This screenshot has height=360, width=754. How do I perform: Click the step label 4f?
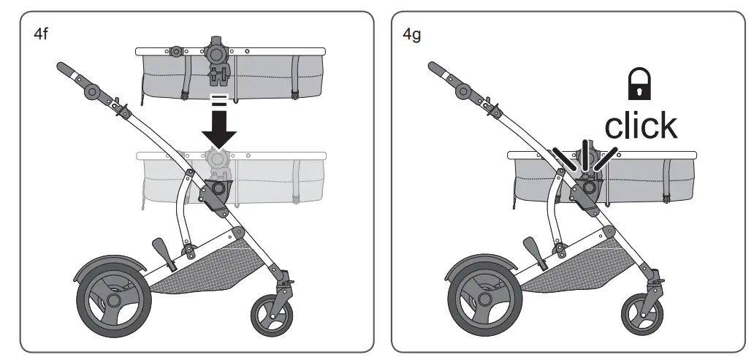(41, 34)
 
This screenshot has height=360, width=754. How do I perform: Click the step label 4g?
(412, 34)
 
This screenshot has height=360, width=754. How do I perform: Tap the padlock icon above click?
(639, 85)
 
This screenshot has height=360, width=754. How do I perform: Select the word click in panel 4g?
(640, 126)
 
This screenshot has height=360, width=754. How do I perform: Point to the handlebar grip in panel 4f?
(67, 72)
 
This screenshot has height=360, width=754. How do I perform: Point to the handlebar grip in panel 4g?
(438, 72)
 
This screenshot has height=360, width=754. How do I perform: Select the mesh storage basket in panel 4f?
(205, 264)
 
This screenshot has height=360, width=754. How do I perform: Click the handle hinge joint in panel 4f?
(93, 91)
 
